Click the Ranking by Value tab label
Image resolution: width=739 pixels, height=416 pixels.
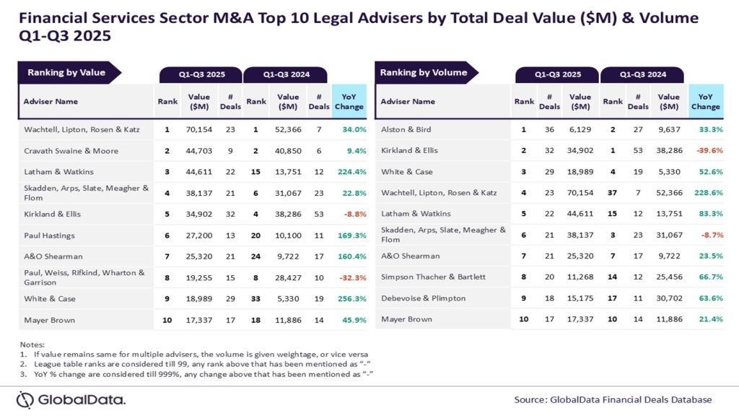[66, 72]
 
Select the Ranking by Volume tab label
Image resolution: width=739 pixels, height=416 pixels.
[424, 72]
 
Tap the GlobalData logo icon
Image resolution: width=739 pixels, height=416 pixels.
[25, 399]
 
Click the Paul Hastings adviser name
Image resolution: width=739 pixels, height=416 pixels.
[49, 235]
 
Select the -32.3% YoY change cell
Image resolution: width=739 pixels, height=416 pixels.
[352, 277]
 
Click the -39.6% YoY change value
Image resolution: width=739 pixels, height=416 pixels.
[708, 151]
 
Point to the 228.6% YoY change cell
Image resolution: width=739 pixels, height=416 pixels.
[707, 193]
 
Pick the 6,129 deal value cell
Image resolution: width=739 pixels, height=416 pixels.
[580, 129]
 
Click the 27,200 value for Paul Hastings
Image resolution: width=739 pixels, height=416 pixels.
[199, 235]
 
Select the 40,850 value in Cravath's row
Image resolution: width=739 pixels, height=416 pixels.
[288, 151]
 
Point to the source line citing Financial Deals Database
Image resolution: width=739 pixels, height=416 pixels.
[613, 399]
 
